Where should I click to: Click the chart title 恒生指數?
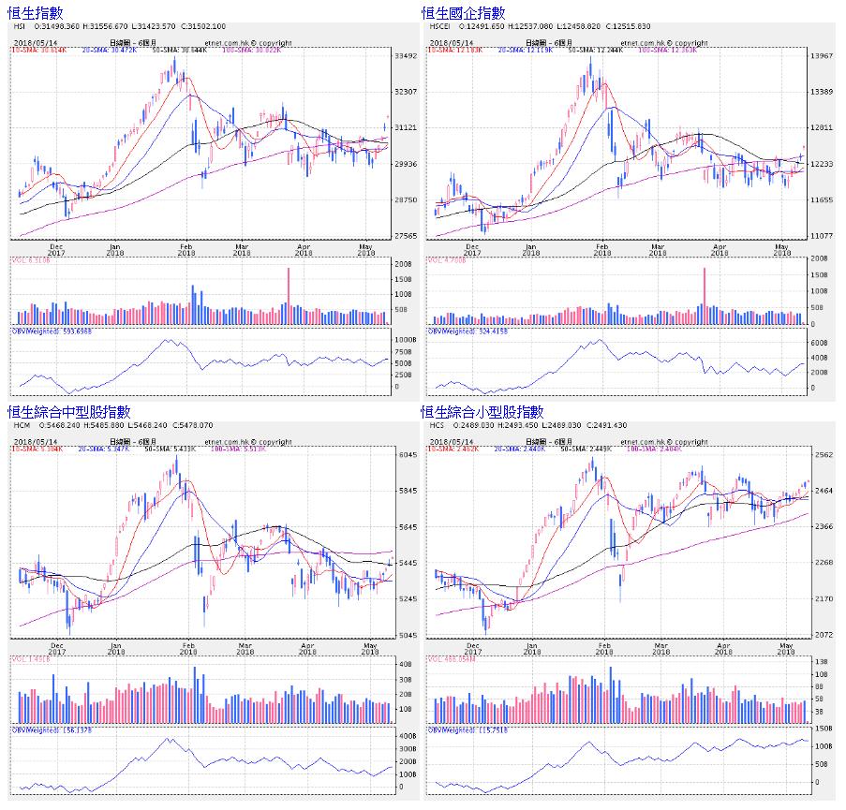[x=36, y=12]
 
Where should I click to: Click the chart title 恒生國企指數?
[x=463, y=12]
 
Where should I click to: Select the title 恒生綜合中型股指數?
[x=69, y=411]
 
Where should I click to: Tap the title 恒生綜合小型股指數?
[x=482, y=411]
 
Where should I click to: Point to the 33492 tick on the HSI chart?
[x=406, y=56]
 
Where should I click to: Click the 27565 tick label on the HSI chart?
[x=406, y=236]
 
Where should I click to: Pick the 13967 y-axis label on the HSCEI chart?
[x=821, y=56]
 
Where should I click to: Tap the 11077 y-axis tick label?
[x=821, y=236]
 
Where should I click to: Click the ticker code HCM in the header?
[x=20, y=426]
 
